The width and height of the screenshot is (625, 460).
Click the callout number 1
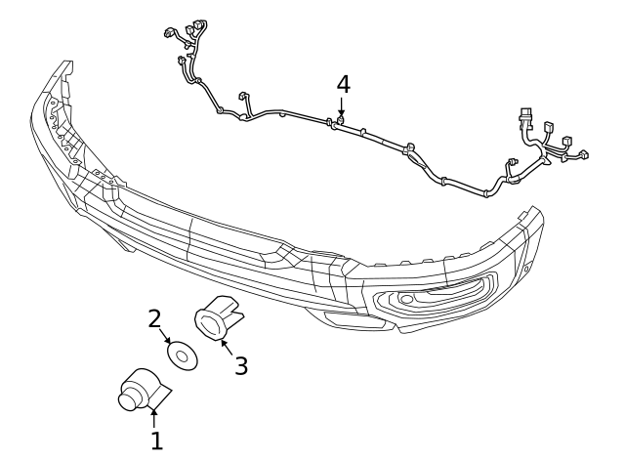pos(156,440)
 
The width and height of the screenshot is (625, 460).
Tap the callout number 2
pos(154,318)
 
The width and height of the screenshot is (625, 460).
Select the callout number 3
pos(240,365)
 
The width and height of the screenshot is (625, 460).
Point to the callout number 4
pos(343,84)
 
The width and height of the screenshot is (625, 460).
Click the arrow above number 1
pos(153,419)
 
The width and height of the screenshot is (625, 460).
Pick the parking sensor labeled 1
pos(140,393)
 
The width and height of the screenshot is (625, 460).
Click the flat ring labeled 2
pos(181,355)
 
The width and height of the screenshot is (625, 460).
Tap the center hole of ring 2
pos(181,355)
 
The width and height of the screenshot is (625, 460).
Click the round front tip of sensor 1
pos(126,397)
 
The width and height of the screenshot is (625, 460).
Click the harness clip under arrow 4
pos(340,121)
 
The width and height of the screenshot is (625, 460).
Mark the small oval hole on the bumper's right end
pos(528,266)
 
